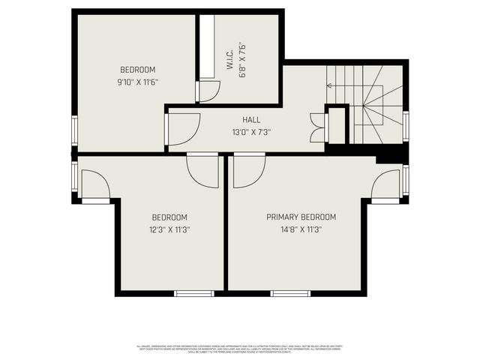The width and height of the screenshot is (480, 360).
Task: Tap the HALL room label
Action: tap(251, 120)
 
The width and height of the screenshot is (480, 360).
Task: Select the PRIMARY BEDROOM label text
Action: tap(301, 217)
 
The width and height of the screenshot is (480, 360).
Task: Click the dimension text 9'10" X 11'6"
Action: tap(137, 82)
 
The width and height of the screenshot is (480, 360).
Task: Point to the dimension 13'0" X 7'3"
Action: tap(251, 132)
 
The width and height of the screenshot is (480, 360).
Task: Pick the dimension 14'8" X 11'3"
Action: tap(301, 229)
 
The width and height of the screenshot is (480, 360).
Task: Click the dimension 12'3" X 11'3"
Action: tap(169, 229)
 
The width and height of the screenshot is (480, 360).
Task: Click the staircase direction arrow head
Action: tap(329, 85)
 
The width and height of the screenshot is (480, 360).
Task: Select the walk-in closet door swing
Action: tap(208, 91)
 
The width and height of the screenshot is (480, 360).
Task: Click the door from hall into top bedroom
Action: tap(181, 128)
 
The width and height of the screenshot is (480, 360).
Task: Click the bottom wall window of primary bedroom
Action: tap(286, 293)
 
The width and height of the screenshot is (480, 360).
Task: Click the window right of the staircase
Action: tap(406, 127)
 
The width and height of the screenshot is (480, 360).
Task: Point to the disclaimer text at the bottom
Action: tap(240, 348)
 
